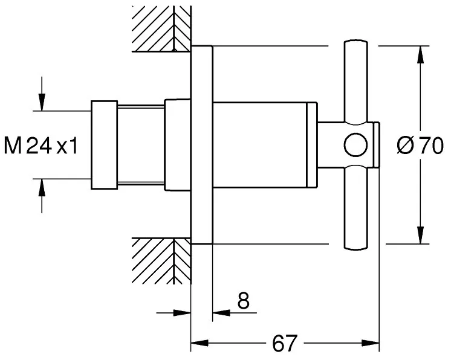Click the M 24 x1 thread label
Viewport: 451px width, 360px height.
pyautogui.click(x=41, y=145)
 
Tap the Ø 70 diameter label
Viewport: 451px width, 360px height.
pyautogui.click(x=420, y=146)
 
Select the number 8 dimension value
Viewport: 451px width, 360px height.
pyautogui.click(x=243, y=301)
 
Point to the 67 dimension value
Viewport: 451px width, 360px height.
pyautogui.click(x=284, y=343)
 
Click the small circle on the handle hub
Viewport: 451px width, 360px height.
pyautogui.click(x=356, y=145)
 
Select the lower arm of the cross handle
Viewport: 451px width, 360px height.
pyautogui.click(x=356, y=207)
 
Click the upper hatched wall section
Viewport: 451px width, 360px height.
pyautogui.click(x=161, y=29)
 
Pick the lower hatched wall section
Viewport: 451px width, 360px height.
pyautogui.click(x=161, y=261)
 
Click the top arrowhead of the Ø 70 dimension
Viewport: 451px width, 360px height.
pyautogui.click(x=421, y=54)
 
